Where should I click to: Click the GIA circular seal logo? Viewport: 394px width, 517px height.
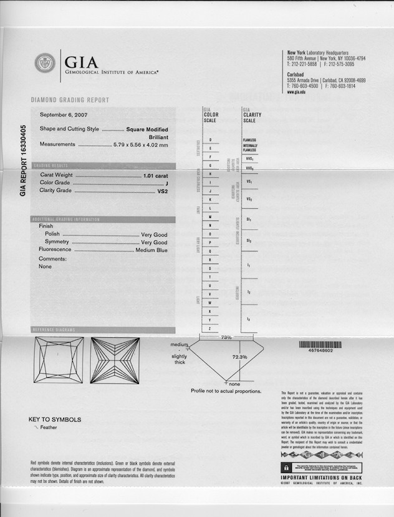pos(45,63)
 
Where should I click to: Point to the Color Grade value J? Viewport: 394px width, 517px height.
pos(167,183)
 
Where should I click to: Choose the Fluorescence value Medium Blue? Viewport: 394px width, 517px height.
pos(151,250)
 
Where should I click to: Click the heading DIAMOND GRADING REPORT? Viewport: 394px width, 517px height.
pos(70,100)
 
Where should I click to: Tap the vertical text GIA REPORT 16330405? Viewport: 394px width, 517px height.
pos(23,161)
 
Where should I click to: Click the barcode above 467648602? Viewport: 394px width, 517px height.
pos(320,344)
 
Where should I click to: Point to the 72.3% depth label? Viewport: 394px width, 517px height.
pos(240,357)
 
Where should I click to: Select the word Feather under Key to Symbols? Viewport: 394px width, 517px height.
pos(49,428)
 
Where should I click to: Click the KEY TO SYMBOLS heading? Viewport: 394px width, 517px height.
pos(55,420)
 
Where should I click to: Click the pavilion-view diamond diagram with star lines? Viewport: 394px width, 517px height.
pos(115,360)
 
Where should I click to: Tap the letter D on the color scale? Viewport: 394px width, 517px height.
pos(211,139)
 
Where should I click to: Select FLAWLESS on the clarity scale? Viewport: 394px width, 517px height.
pos(249,140)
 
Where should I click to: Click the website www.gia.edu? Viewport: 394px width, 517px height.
pos(296,92)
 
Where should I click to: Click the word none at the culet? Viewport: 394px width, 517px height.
pos(234,384)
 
